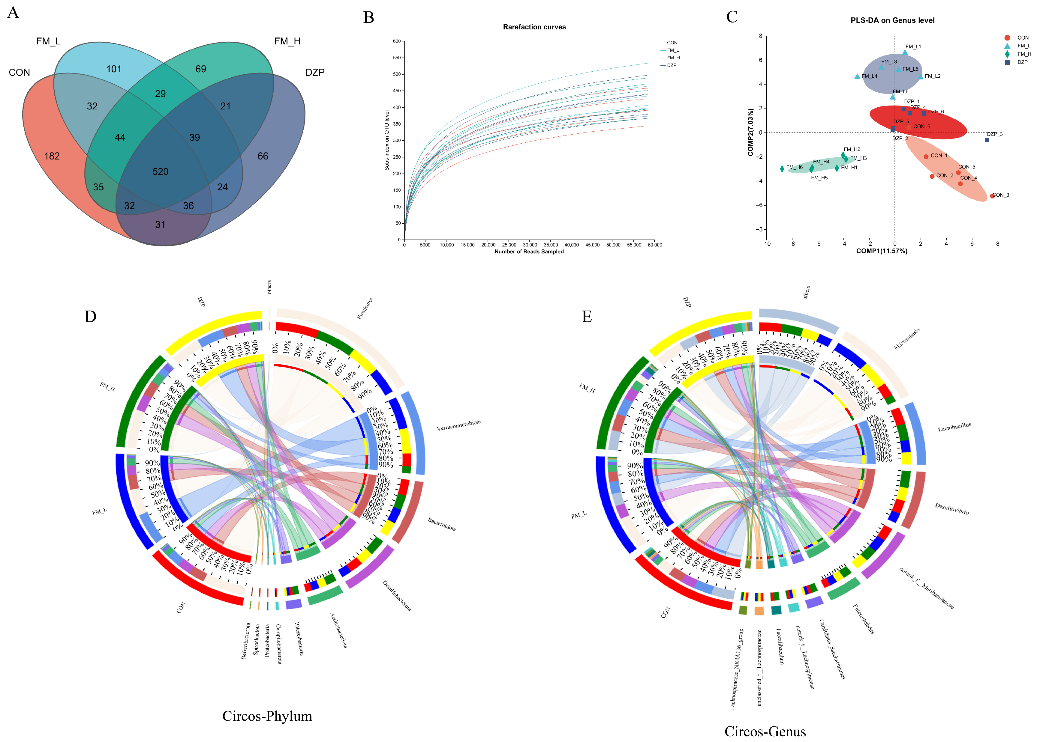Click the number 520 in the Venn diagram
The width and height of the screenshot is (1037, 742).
(x=161, y=172)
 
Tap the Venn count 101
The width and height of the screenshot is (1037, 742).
(x=114, y=69)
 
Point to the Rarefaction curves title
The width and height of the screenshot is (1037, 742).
(x=534, y=27)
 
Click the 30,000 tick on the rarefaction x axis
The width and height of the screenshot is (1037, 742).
(x=530, y=245)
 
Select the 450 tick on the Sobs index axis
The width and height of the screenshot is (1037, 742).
(x=396, y=91)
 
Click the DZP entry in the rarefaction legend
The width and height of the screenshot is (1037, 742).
(x=671, y=65)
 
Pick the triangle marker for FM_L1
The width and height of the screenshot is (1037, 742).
(x=905, y=52)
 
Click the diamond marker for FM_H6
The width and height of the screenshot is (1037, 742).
(x=782, y=168)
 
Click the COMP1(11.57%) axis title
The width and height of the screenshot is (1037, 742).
(x=882, y=251)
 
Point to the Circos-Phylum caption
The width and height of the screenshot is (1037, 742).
(x=267, y=716)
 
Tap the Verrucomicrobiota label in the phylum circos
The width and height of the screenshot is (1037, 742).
(x=458, y=425)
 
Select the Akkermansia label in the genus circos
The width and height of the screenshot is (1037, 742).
(x=907, y=339)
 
